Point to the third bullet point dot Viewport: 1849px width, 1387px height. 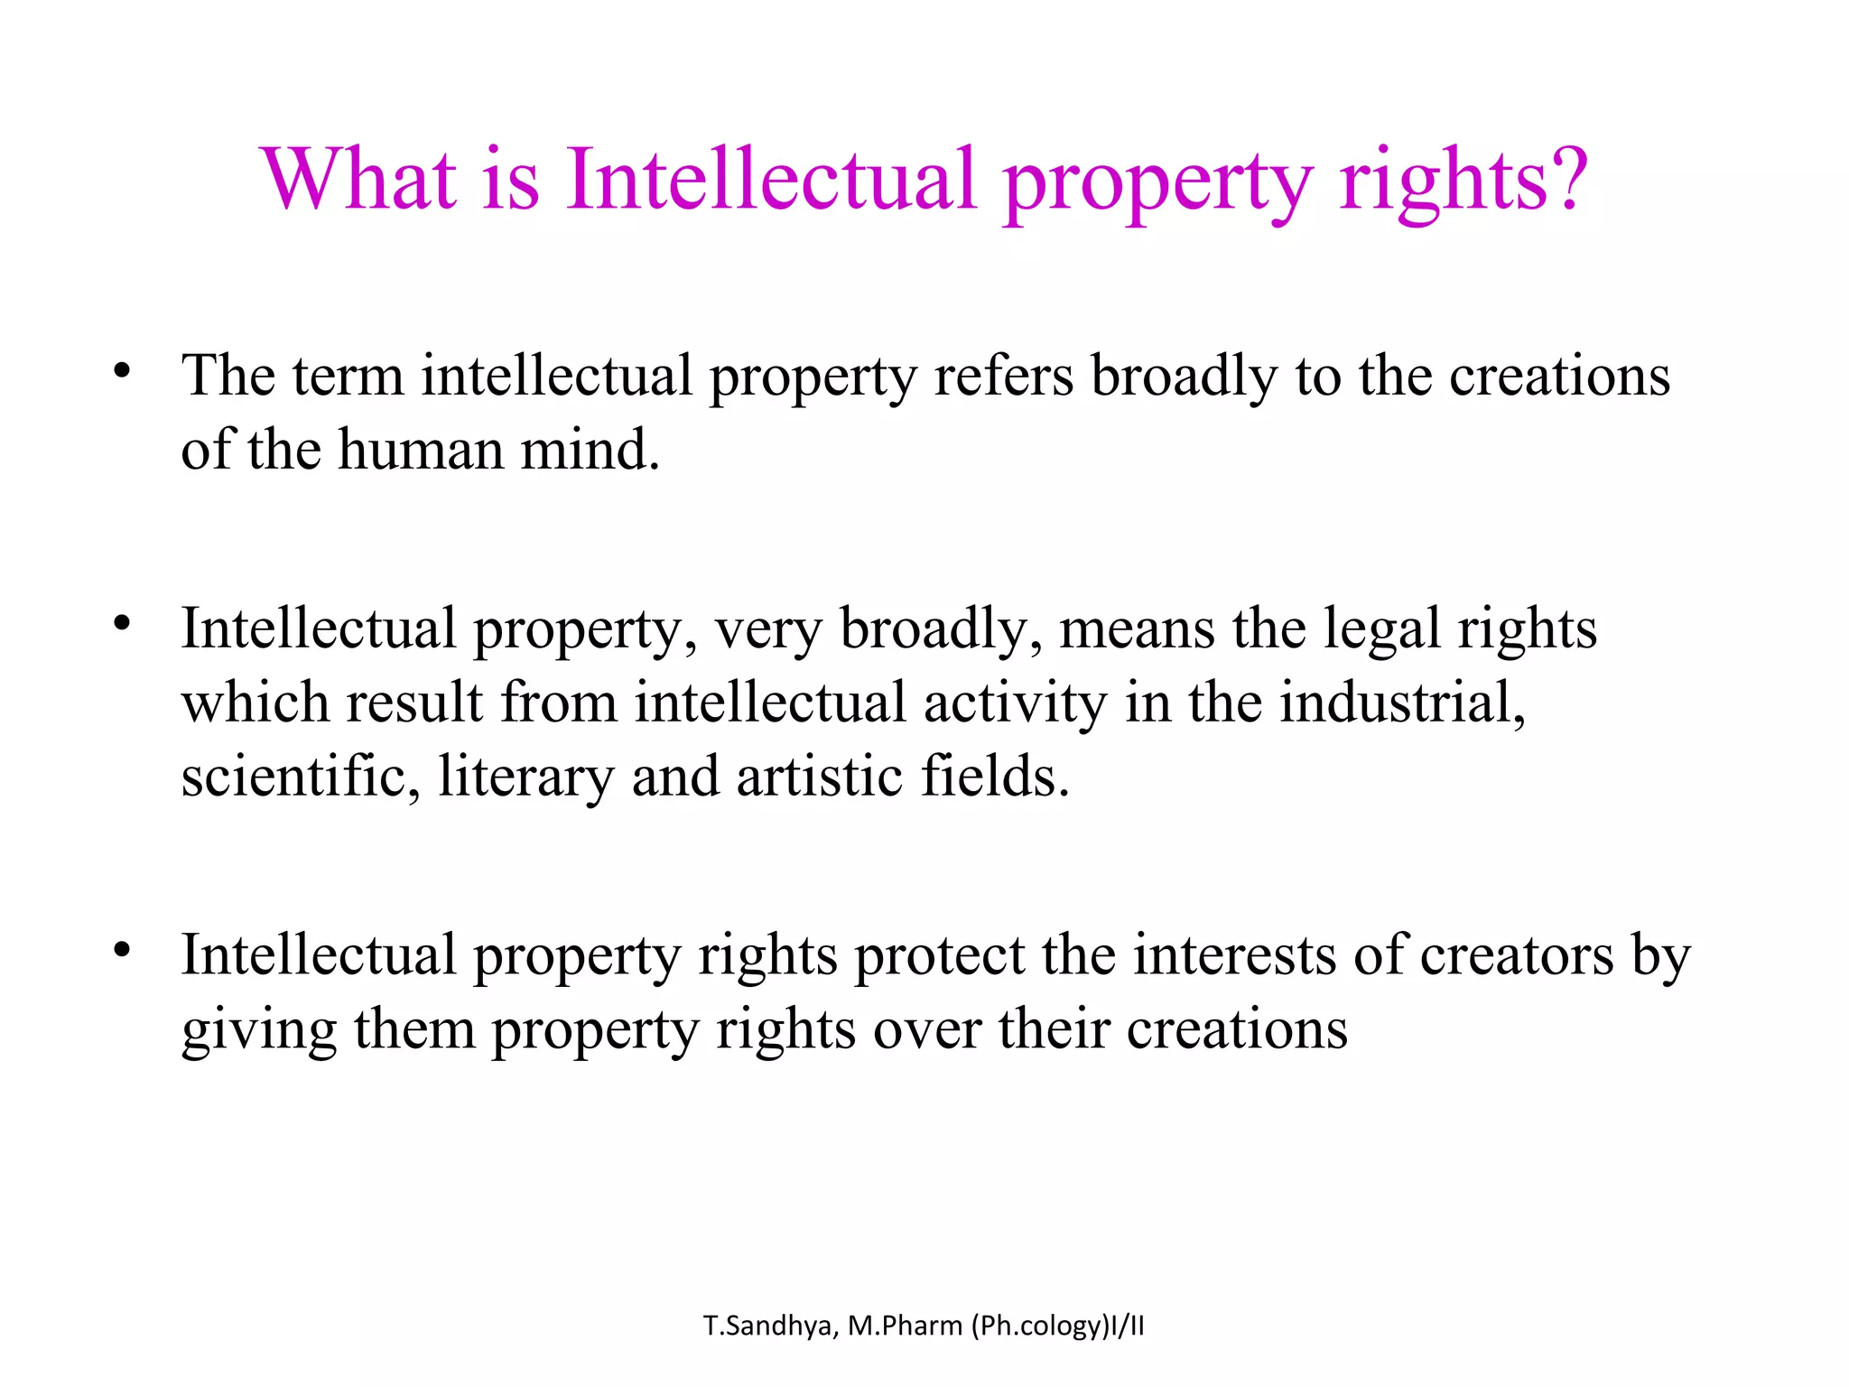click(x=123, y=950)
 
